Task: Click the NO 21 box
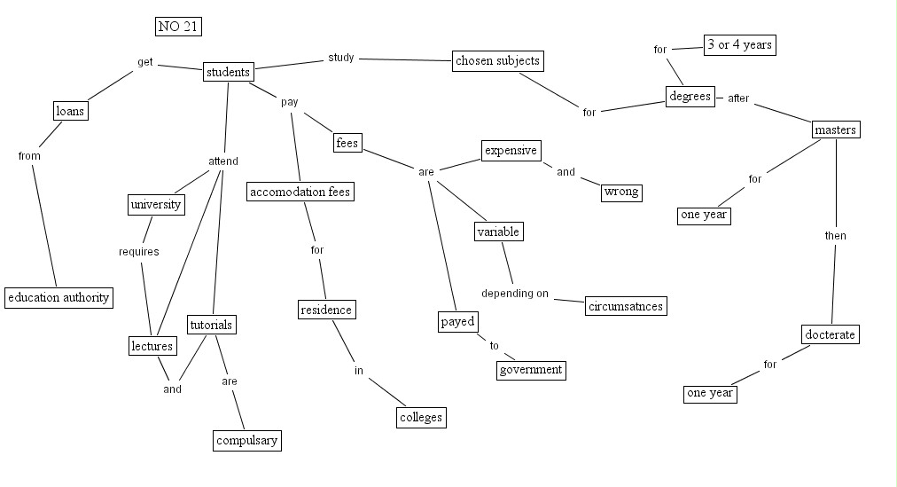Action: (178, 27)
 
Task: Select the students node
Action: (228, 72)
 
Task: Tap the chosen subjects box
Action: (497, 61)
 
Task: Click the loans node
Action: (70, 111)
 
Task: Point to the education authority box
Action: (58, 297)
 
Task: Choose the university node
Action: (156, 205)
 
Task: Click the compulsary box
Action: (247, 440)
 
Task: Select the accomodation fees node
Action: (300, 192)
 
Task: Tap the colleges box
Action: (420, 417)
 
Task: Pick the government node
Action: (530, 370)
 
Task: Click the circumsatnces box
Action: (626, 306)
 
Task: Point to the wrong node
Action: (621, 192)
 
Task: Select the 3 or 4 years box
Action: (740, 45)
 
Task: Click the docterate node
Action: (831, 334)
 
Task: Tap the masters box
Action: (836, 130)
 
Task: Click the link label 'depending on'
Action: (515, 294)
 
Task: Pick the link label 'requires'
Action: (139, 252)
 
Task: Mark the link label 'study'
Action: (341, 58)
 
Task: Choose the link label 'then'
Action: (836, 236)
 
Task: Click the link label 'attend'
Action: (223, 161)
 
